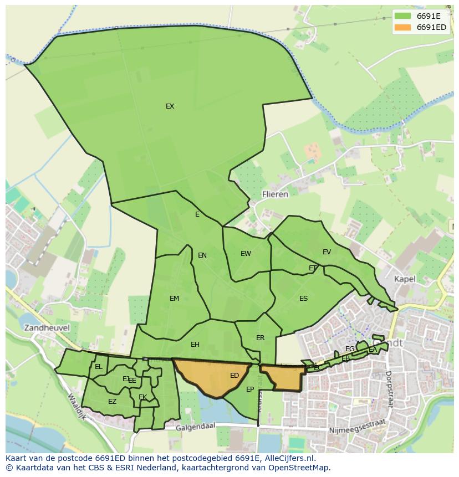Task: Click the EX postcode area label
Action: click(170, 106)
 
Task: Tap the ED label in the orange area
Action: click(234, 376)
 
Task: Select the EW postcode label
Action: click(246, 254)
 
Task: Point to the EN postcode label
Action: click(202, 255)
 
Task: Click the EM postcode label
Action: click(174, 299)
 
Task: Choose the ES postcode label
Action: click(303, 299)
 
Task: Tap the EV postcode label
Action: click(327, 252)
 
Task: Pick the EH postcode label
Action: click(195, 345)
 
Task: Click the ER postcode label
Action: click(260, 338)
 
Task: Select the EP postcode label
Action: click(250, 389)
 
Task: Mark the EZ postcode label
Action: click(112, 402)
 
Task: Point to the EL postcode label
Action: click(99, 367)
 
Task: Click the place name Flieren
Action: click(275, 194)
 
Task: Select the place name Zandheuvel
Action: click(47, 327)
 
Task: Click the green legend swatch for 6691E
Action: click(402, 16)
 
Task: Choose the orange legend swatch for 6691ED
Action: click(402, 27)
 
